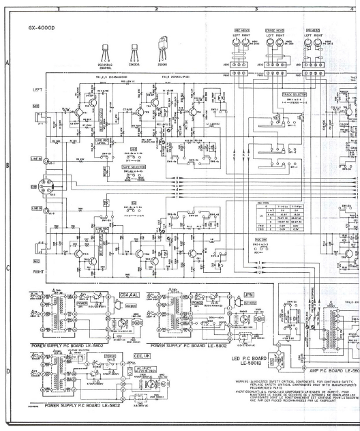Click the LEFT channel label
[x=37, y=89]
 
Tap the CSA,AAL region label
[x=128, y=295]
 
